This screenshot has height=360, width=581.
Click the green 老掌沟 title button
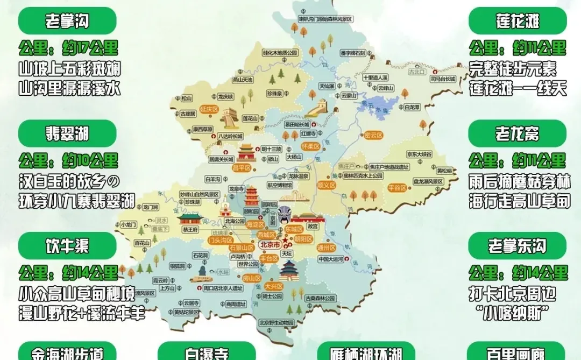coord(67,21)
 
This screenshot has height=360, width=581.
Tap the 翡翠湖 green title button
coord(67,133)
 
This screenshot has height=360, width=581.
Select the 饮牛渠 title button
coord(67,246)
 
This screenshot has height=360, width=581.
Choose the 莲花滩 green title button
coord(518,21)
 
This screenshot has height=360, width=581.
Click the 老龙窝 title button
coord(518,133)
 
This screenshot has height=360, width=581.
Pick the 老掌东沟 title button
coord(518,246)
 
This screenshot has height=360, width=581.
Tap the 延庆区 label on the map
coord(208,109)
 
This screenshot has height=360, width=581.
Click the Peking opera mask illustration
coord(285,216)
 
